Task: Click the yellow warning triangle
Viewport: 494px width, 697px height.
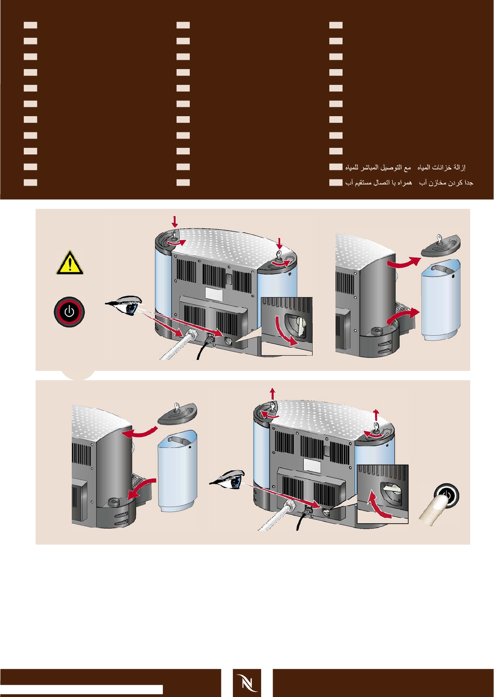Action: tap(70, 263)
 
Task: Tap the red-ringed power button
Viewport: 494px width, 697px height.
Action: tap(69, 312)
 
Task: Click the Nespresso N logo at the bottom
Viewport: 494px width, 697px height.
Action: tap(247, 682)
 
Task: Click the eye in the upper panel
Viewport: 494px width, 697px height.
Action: tap(127, 305)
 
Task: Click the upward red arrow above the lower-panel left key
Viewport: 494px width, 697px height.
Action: tap(273, 393)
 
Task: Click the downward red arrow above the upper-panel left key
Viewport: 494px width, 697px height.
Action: tap(175, 221)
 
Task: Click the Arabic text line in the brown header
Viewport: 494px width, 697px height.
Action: tap(405, 167)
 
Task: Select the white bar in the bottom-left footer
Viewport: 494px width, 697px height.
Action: tap(81, 689)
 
